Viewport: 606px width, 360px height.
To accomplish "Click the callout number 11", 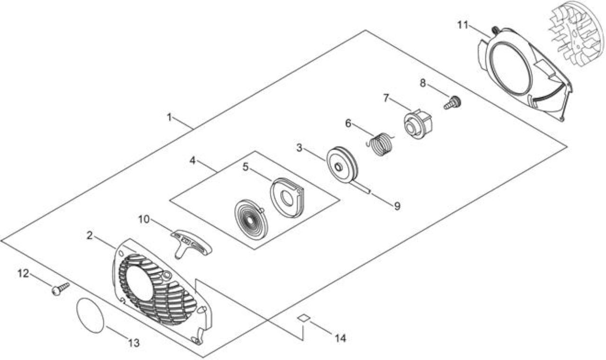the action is pyautogui.click(x=463, y=25).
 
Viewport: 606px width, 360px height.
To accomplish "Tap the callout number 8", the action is pyautogui.click(x=423, y=83).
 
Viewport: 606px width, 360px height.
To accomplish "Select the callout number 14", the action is pyautogui.click(x=340, y=338).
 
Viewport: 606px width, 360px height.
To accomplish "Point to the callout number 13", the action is pyautogui.click(x=134, y=343).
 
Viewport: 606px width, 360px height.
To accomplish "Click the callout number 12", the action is pyautogui.click(x=23, y=273).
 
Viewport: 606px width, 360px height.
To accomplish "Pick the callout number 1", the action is pyautogui.click(x=169, y=117).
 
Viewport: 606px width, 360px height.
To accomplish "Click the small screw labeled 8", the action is pyautogui.click(x=452, y=103).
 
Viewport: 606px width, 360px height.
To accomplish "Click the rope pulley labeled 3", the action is pyautogui.click(x=342, y=165).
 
